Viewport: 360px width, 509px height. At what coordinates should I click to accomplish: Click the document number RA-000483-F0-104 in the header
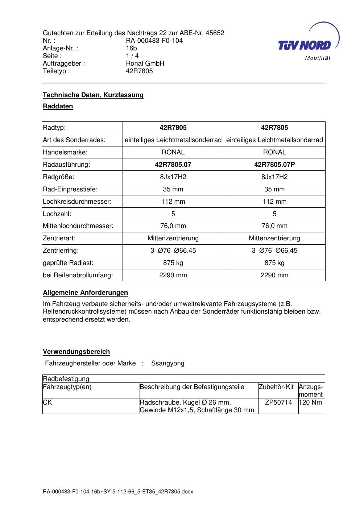[x=154, y=41]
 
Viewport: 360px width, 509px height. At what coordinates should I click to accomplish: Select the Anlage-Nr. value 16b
[x=131, y=48]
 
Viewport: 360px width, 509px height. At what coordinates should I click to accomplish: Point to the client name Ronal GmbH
[x=145, y=63]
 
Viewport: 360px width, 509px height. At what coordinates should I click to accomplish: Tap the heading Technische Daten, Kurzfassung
[x=93, y=95]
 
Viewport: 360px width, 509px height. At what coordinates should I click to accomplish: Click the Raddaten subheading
[x=58, y=106]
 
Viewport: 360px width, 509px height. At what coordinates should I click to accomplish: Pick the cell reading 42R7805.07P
[x=274, y=165]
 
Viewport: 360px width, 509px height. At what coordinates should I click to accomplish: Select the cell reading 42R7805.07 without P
[x=173, y=165]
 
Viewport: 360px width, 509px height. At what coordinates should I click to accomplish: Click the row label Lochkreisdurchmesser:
[x=77, y=202]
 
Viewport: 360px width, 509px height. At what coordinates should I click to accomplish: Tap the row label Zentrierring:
[x=61, y=251]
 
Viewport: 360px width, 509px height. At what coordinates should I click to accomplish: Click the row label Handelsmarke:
[x=65, y=152]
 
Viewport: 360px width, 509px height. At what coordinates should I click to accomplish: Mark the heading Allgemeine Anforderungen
[x=85, y=293]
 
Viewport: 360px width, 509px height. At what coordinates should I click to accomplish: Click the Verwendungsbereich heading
[x=76, y=352]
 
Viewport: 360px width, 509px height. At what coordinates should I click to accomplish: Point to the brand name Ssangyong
[x=167, y=363]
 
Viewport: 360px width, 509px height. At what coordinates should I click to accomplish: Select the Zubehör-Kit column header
[x=276, y=387]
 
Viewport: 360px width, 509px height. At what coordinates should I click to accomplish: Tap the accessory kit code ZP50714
[x=278, y=402]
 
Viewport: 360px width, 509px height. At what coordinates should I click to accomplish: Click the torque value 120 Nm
[x=310, y=402]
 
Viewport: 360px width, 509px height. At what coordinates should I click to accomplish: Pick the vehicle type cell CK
[x=47, y=402]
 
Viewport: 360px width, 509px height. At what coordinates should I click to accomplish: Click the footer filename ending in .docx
[x=118, y=492]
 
